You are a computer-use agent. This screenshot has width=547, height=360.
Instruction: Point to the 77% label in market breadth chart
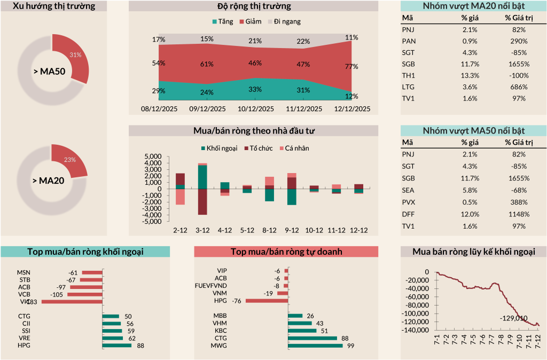351,66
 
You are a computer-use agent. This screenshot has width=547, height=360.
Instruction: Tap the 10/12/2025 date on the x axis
255,108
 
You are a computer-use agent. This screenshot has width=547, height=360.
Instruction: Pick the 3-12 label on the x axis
202,230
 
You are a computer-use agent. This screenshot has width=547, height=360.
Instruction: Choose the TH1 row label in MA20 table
408,75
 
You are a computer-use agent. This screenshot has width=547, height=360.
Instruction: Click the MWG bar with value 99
315,346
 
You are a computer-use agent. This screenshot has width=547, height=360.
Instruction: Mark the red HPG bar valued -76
267,301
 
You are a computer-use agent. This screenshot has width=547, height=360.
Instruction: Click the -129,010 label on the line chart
513,318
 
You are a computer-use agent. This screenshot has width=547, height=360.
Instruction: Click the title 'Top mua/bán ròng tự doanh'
286,252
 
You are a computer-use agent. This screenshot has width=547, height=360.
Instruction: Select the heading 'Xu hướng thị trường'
53,6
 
